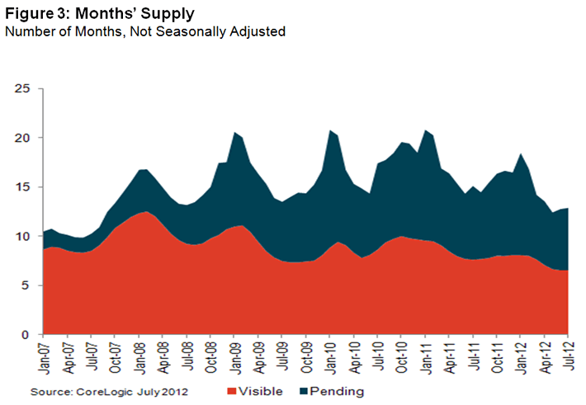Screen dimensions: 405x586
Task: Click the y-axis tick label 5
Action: [x=26, y=285]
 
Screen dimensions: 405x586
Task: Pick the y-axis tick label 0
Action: [x=26, y=335]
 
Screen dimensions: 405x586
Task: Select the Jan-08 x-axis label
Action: [x=141, y=356]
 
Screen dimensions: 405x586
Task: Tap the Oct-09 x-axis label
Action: [x=306, y=356]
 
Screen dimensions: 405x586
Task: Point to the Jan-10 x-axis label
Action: [x=331, y=356]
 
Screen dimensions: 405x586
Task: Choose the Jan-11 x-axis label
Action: [x=427, y=356]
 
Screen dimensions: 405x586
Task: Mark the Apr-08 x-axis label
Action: [x=165, y=356]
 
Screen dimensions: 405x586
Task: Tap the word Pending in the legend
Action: [x=338, y=391]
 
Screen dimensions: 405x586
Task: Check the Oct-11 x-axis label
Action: [x=498, y=356]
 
